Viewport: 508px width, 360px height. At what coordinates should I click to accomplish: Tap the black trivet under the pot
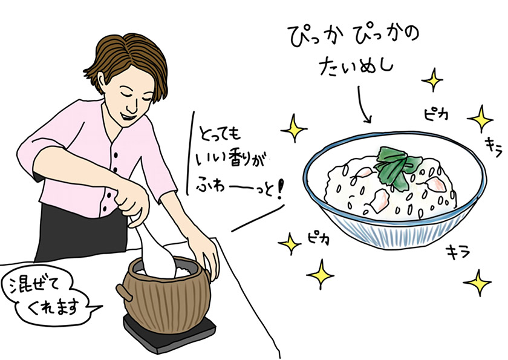[x=169, y=333]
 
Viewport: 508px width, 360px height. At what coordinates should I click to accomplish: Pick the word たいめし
[x=356, y=67]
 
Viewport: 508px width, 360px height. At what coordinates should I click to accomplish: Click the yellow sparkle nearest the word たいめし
[x=432, y=80]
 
